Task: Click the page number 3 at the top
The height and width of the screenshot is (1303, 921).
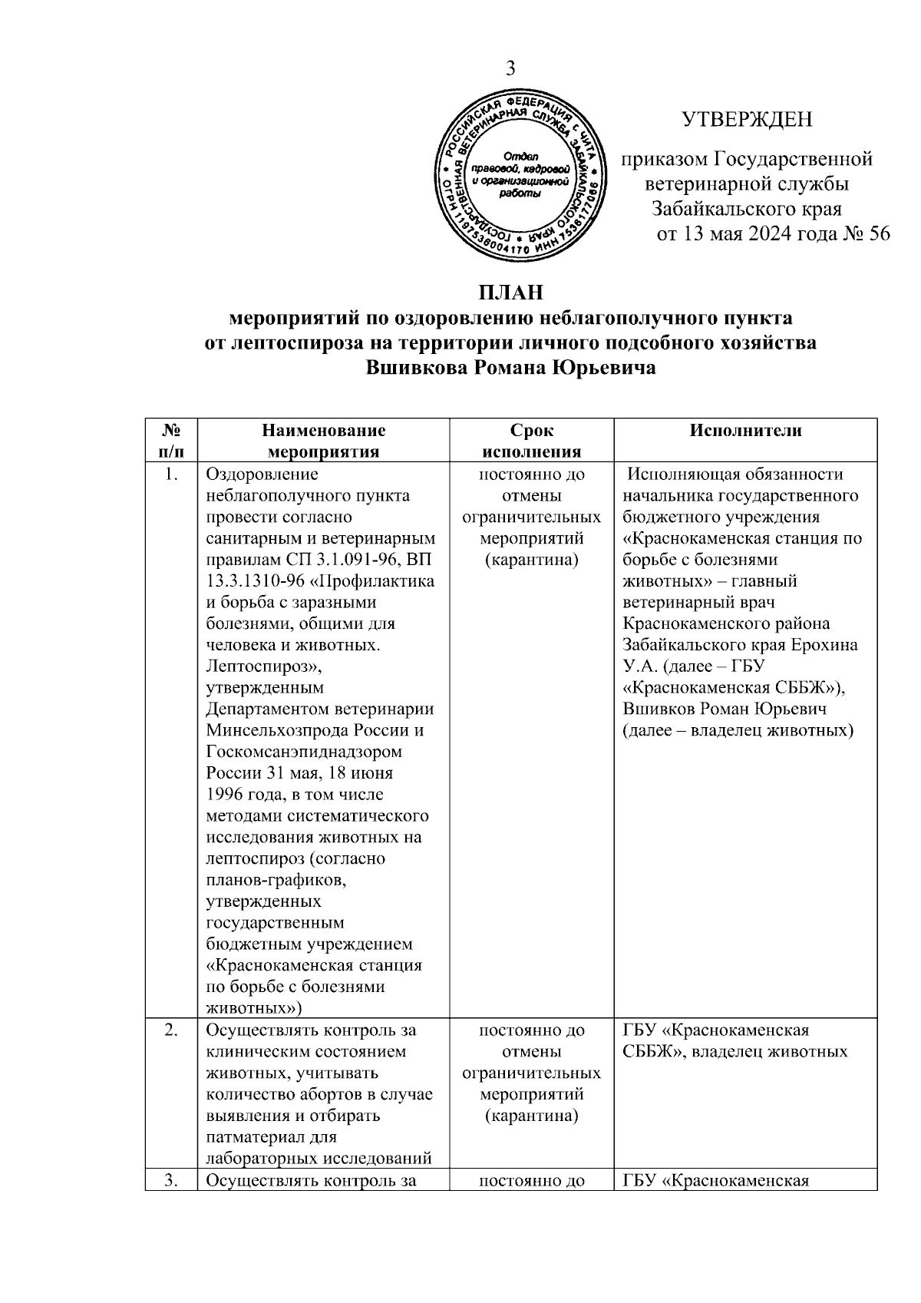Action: (x=509, y=68)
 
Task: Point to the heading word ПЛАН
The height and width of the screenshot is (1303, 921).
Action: (x=510, y=293)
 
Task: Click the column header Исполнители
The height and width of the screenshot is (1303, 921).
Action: (x=745, y=431)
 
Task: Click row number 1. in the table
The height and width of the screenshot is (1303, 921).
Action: (x=170, y=475)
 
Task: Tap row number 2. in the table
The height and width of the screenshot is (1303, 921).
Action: (x=170, y=1030)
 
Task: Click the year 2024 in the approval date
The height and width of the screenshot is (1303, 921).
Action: (x=763, y=233)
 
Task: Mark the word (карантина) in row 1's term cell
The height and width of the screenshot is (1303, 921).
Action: (x=531, y=560)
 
